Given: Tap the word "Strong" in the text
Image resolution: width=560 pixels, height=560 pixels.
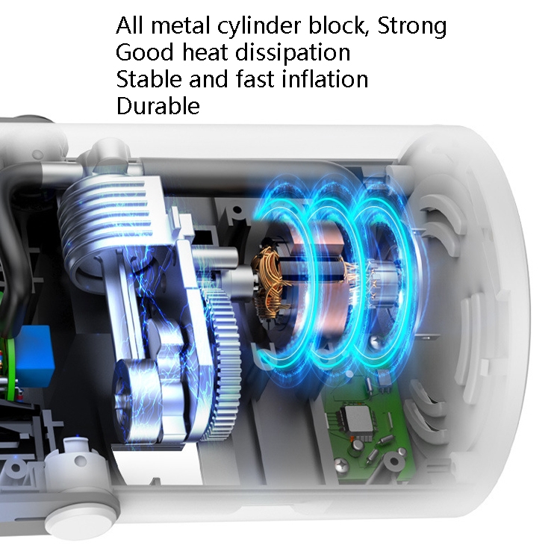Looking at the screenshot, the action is [411, 25].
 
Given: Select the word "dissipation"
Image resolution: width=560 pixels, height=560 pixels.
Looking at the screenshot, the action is [293, 52].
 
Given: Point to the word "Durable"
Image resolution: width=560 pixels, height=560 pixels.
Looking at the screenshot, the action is [158, 106].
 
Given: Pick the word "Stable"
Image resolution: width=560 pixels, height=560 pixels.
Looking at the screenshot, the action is [149, 78].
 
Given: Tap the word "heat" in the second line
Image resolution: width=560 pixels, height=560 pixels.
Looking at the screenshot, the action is [205, 52].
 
